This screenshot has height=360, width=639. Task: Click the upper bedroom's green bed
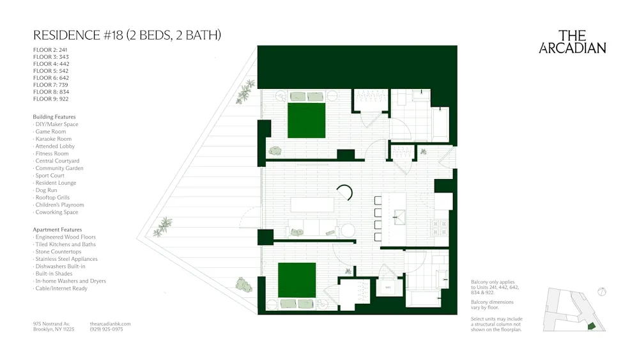(x=307, y=120)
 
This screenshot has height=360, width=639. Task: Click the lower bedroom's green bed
(x=297, y=280)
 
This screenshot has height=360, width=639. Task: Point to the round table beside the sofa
(x=347, y=230)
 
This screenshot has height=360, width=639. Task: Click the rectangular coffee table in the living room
(x=312, y=205)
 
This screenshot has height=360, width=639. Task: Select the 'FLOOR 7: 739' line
(x=51, y=85)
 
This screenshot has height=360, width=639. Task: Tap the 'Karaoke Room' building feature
(x=53, y=139)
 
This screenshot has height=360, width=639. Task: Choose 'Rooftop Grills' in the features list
(x=52, y=198)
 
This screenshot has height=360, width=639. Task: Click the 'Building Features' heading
(x=54, y=117)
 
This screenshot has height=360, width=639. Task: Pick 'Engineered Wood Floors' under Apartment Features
(x=65, y=237)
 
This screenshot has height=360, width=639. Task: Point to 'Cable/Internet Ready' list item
(x=61, y=288)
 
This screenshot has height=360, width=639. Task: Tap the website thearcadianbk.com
(x=111, y=324)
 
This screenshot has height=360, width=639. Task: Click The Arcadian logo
(x=572, y=42)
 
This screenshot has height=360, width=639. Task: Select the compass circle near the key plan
(x=601, y=292)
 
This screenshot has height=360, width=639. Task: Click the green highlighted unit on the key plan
(x=591, y=326)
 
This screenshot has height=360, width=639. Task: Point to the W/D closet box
(x=388, y=288)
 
